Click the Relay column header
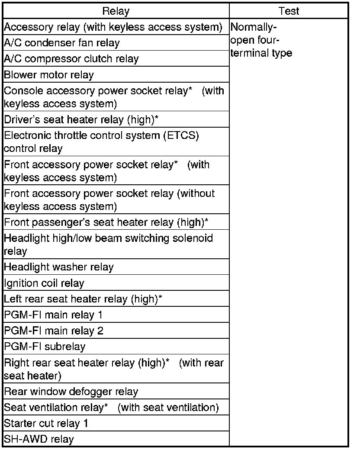(x=116, y=11)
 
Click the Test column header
(x=289, y=11)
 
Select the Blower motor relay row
(x=49, y=75)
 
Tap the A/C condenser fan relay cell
(x=62, y=43)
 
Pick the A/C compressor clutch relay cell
(x=71, y=59)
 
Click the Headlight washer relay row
(x=59, y=267)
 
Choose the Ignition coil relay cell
(x=44, y=283)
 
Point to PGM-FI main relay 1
(x=53, y=315)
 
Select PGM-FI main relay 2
(x=54, y=331)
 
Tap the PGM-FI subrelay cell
(x=45, y=347)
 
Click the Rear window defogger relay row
(x=71, y=392)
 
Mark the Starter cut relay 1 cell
(x=46, y=423)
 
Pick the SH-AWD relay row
(x=39, y=439)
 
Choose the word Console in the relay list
(x=19, y=91)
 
